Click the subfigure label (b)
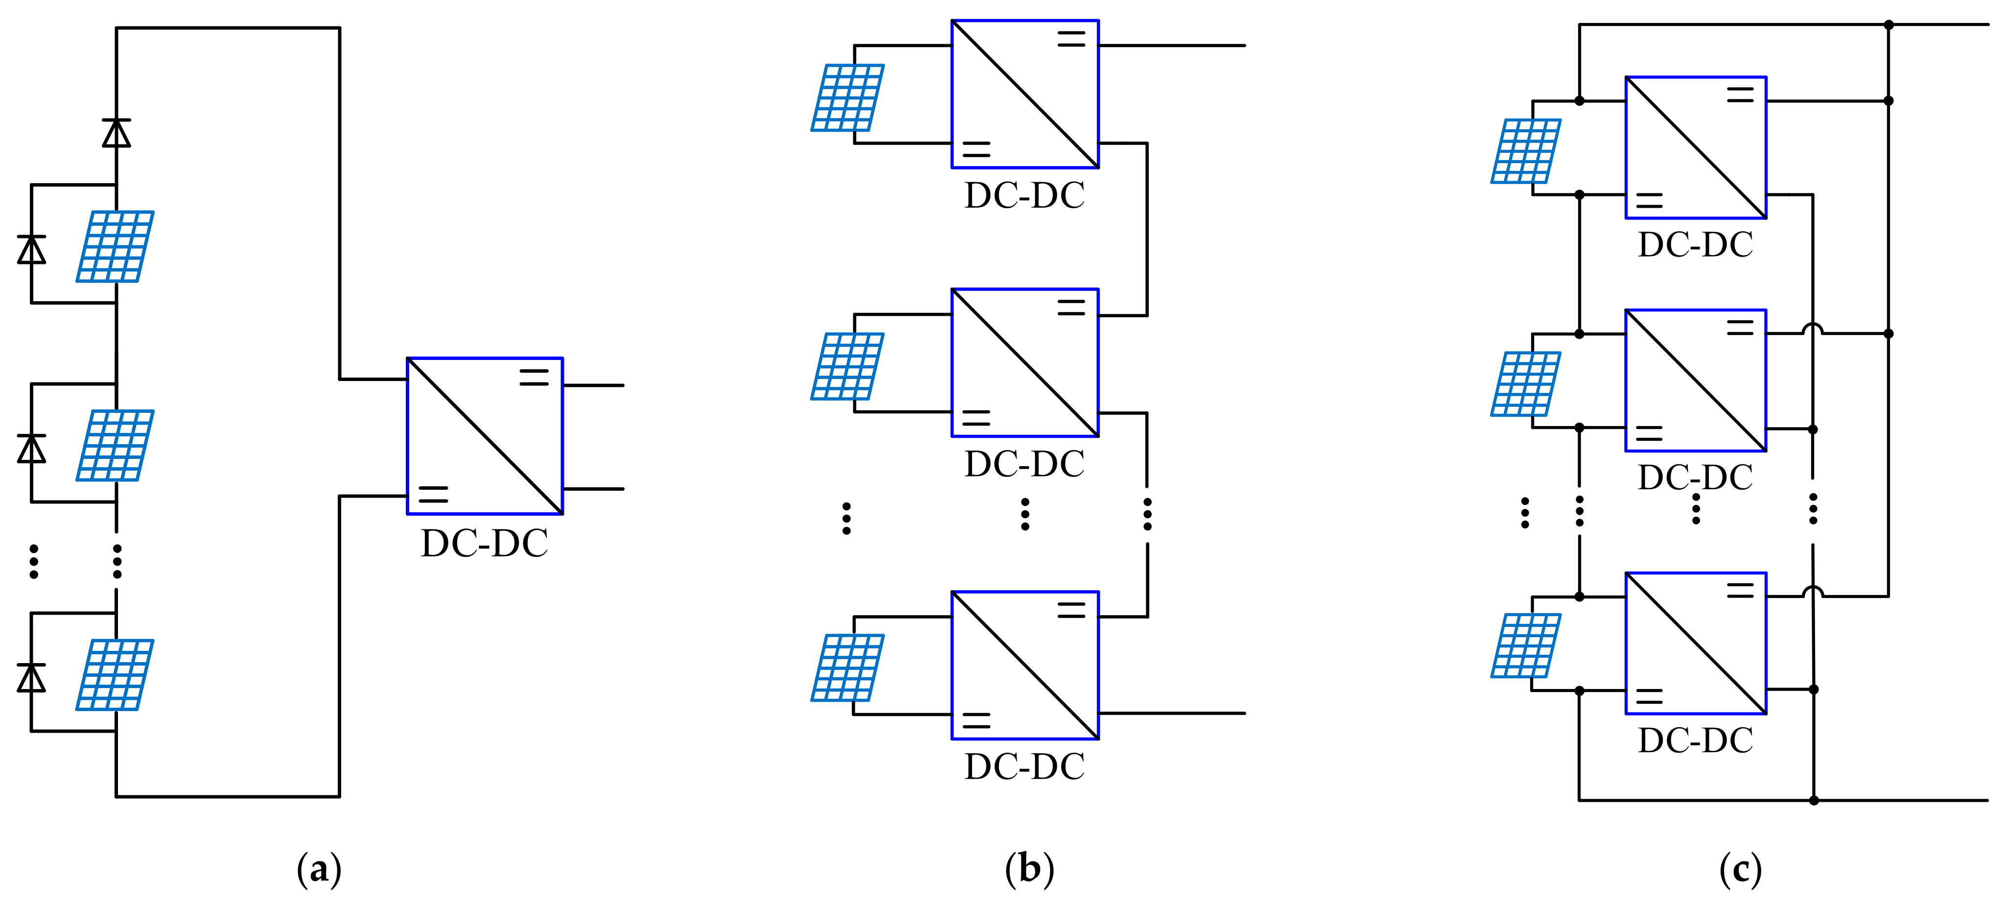pos(1029,869)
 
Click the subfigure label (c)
pos(1740,869)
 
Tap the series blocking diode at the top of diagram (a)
pos(117,133)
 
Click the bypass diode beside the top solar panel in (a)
pos(32,250)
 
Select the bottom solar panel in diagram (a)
pos(115,675)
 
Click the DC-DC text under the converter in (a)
pos(484,544)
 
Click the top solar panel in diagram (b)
pos(848,97)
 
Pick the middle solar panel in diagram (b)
pos(848,366)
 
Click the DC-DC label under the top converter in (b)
pos(1025,195)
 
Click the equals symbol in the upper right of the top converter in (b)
pos(1071,39)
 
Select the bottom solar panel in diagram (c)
pos(1526,645)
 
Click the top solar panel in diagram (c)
pos(1526,151)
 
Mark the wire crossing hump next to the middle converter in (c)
pos(1813,329)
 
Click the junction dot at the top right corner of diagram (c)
pos(1888,25)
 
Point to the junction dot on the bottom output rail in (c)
pos(1814,800)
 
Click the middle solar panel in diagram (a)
pos(115,445)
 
